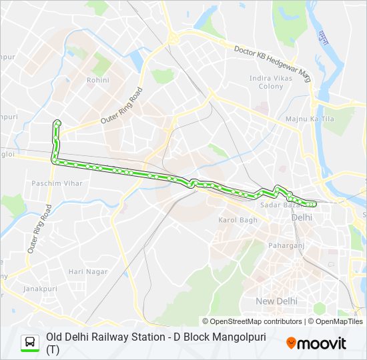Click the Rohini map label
point(97,80)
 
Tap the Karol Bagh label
point(238,220)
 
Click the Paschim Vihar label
point(52,183)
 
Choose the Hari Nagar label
point(87,271)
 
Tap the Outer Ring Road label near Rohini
point(122,106)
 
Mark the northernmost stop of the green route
point(57,122)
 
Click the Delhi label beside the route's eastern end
point(302,217)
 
